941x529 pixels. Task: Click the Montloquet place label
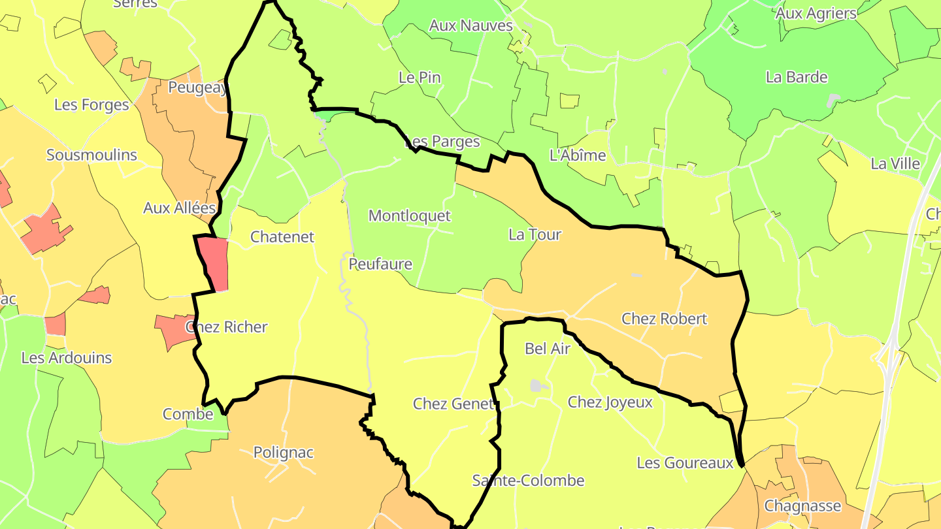410,216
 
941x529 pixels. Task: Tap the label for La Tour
535,234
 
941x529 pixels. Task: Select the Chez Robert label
664,319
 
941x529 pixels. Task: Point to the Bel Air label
548,349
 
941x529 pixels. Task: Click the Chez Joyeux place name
610,402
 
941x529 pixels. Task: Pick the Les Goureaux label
685,463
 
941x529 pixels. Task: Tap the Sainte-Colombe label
528,481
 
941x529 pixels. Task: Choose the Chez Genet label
453,404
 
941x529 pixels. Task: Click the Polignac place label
284,453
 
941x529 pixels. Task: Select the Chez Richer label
227,327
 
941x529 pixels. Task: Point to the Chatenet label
282,237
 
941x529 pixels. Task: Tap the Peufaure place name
380,264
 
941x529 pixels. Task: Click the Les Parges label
442,142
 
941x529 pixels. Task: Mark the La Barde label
797,77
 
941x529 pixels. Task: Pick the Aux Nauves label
470,25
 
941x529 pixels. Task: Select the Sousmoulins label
91,155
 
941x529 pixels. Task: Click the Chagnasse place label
802,506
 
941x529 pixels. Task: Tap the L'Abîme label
578,155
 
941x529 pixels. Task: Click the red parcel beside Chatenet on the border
214,263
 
